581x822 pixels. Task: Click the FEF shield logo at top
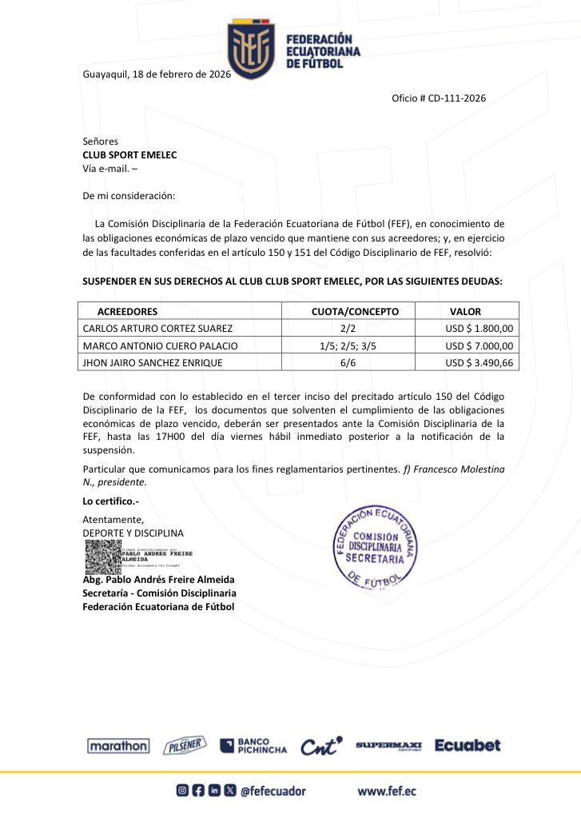(251, 50)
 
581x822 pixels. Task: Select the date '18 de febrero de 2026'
(182, 74)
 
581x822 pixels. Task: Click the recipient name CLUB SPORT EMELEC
(129, 155)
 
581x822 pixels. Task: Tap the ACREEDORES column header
(127, 311)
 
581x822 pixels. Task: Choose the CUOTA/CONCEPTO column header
(354, 311)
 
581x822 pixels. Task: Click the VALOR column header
(465, 311)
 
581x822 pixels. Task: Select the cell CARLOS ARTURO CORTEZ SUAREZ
(157, 328)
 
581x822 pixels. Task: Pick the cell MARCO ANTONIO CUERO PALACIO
(161, 345)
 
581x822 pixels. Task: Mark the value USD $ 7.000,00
(479, 345)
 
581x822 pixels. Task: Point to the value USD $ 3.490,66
(479, 363)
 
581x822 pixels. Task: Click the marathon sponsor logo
(117, 746)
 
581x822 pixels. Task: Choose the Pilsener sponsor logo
(185, 746)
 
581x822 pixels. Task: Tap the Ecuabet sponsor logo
(468, 745)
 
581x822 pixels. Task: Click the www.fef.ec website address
(386, 792)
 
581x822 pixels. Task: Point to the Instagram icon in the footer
(182, 791)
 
